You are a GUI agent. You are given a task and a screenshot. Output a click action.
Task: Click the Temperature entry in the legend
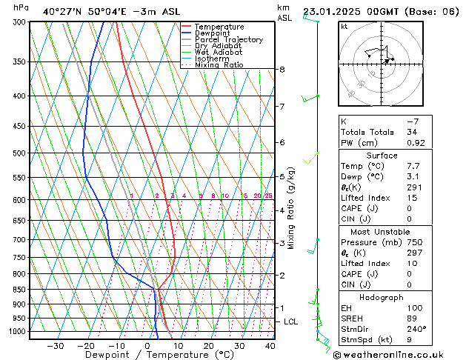(219, 27)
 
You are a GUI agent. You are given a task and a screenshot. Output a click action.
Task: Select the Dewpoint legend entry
(215, 33)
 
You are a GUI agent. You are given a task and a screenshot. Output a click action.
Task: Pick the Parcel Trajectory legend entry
(228, 39)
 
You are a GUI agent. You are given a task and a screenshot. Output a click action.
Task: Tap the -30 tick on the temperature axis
(55, 346)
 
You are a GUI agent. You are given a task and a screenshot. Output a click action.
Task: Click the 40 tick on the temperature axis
(270, 346)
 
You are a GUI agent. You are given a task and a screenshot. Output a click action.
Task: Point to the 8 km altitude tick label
(282, 70)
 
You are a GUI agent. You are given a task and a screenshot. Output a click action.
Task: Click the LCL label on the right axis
(291, 321)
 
